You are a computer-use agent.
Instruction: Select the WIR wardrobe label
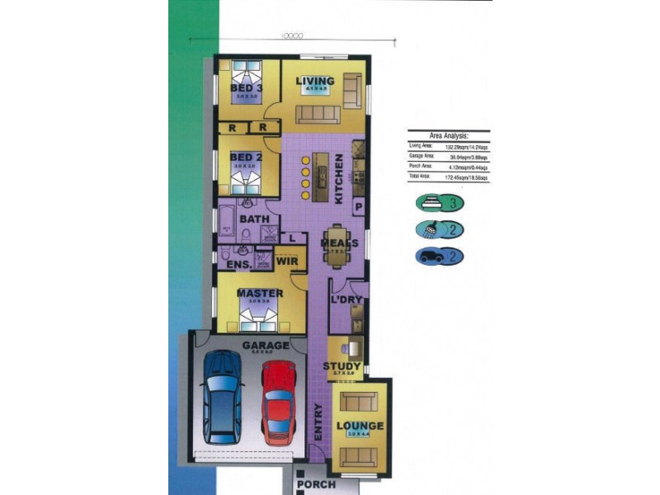(286, 262)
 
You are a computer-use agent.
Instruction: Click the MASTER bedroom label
(260, 293)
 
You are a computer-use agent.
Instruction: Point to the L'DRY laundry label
(348, 301)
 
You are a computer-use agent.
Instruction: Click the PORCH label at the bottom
(316, 484)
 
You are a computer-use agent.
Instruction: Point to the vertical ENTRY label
(318, 420)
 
